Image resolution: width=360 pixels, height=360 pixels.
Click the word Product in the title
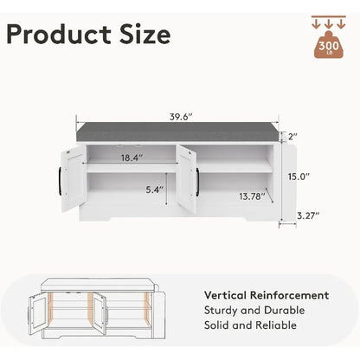[x=59, y=35]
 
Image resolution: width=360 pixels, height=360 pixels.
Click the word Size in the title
[x=145, y=35]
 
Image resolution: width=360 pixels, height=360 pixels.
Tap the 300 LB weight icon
[x=329, y=45]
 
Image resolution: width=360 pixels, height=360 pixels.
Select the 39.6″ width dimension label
[x=181, y=117]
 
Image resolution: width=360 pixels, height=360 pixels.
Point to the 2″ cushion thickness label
[x=292, y=137]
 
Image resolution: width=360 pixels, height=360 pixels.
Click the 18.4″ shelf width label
[x=132, y=157]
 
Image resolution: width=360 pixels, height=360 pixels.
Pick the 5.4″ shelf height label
[x=155, y=190]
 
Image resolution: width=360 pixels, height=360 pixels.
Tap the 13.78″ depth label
[x=252, y=196]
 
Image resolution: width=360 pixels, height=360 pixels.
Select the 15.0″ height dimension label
[x=299, y=177]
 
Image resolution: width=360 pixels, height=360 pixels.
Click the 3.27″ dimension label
[x=308, y=215]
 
